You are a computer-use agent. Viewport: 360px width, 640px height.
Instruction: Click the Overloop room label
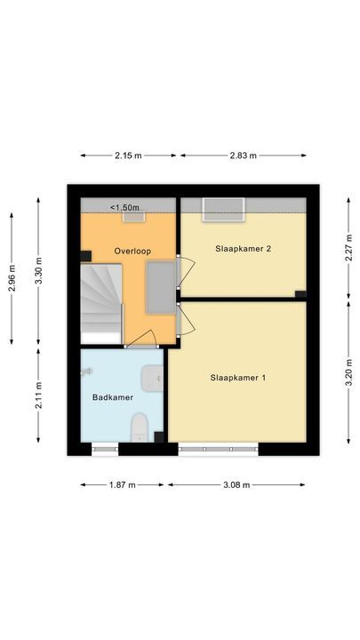(x=132, y=252)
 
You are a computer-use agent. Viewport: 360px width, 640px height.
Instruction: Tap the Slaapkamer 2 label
(x=243, y=249)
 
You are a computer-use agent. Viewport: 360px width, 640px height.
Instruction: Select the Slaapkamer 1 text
(x=238, y=378)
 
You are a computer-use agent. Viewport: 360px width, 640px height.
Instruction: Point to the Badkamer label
(x=113, y=397)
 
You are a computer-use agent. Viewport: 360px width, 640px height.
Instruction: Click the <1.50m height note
(x=124, y=207)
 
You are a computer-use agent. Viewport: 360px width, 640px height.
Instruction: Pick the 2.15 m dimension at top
(x=128, y=156)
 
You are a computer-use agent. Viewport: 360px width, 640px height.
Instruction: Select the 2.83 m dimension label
(x=243, y=156)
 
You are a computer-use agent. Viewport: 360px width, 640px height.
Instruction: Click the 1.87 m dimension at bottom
(x=122, y=485)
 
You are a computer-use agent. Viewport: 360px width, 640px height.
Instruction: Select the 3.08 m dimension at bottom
(x=236, y=485)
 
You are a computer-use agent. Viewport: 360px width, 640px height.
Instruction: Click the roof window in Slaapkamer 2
(x=222, y=209)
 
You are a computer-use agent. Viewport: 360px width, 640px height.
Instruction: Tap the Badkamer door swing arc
(x=142, y=339)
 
